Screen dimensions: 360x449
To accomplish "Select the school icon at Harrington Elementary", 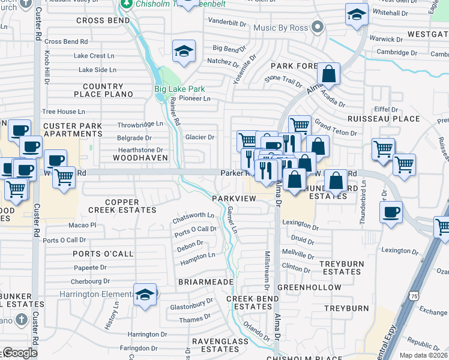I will (145, 295).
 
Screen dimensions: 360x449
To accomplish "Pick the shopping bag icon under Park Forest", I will (329, 74).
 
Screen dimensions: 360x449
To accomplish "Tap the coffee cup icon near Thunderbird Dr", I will (391, 212).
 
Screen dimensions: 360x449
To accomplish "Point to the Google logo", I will (20, 353).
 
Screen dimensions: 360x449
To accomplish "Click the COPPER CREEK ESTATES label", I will (122, 206).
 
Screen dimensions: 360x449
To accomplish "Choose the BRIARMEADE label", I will (201, 281).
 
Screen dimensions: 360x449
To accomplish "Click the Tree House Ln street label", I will (64, 112).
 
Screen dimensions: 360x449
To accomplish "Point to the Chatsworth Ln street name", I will (193, 215).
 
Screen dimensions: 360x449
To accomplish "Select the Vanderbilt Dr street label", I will (228, 23).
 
